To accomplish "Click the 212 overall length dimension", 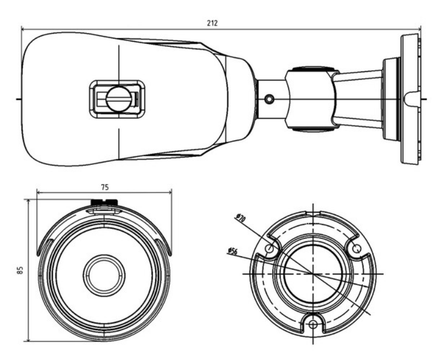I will [213, 23].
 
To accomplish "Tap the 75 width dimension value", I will [104, 187].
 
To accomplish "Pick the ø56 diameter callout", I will [232, 250].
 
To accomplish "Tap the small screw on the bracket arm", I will [270, 99].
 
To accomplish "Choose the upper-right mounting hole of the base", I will [356, 248].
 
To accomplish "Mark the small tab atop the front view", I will [104, 203].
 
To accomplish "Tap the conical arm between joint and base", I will [358, 99].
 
